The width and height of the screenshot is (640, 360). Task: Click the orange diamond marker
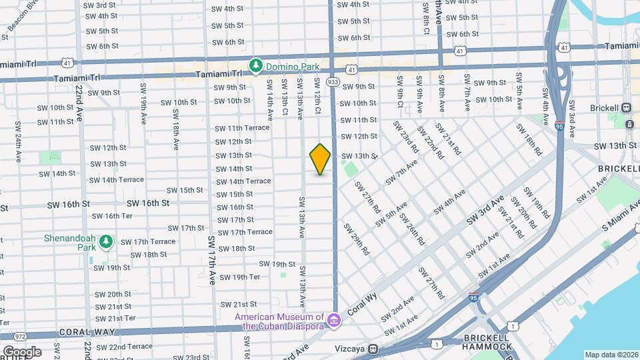click(x=321, y=159)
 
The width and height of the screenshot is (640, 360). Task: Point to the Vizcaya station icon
click(x=375, y=348)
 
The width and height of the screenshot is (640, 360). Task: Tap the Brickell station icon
click(x=626, y=108)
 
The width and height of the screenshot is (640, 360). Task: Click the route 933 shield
click(x=333, y=81)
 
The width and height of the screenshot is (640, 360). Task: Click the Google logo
click(x=21, y=352)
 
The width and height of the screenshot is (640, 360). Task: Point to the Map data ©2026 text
click(x=610, y=355)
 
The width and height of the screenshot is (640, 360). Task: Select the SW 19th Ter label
click(x=239, y=277)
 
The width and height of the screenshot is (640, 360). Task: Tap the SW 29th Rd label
click(x=357, y=239)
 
